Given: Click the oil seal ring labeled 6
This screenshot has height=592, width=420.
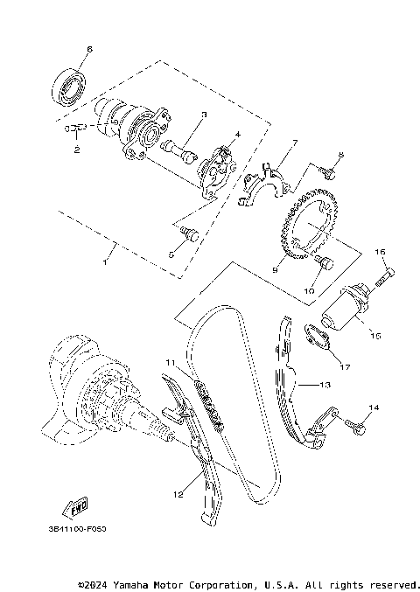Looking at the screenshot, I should [x=70, y=87].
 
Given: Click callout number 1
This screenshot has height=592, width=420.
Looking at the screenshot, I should [x=106, y=261].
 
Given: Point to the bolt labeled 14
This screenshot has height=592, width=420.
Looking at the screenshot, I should [x=353, y=425].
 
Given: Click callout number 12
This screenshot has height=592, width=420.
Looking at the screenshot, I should [x=178, y=495].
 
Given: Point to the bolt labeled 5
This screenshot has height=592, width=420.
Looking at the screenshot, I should [x=188, y=233].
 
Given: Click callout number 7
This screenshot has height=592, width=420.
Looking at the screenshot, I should [x=295, y=141].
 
